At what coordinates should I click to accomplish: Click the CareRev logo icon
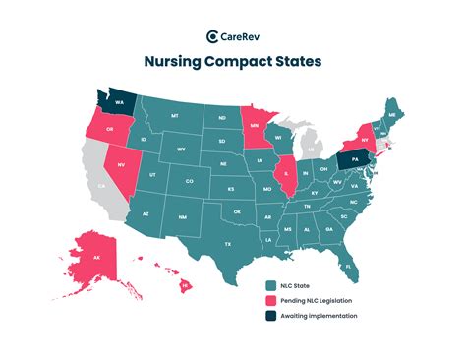212,37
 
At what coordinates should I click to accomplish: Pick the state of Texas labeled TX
228,242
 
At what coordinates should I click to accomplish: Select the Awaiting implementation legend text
318,315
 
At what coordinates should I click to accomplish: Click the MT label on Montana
175,116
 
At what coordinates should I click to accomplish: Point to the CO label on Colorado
190,181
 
